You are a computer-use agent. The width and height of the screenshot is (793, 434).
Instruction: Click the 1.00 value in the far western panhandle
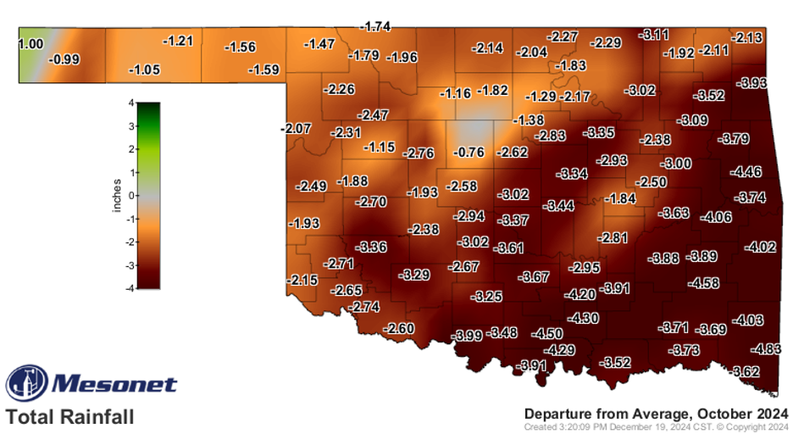[31, 43]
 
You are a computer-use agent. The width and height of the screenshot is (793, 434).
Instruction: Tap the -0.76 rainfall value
[469, 153]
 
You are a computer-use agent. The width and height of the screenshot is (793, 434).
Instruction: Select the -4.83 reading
[767, 349]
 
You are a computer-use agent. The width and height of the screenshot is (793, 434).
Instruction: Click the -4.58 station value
[704, 283]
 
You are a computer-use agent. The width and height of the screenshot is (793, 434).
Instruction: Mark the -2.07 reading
[296, 129]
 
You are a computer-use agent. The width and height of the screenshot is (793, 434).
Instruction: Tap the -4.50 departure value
[546, 334]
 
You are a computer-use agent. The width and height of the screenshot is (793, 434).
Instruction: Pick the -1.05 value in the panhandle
[144, 70]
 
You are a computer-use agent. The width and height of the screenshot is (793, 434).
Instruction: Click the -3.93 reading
[752, 83]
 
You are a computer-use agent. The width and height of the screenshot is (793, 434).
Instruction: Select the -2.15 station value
[302, 280]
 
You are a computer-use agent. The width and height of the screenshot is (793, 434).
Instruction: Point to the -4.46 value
[746, 172]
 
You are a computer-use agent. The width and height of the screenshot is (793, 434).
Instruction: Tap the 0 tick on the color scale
[130, 196]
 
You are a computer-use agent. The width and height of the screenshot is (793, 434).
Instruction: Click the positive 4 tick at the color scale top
[130, 103]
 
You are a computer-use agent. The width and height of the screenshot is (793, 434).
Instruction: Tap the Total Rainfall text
[70, 417]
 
